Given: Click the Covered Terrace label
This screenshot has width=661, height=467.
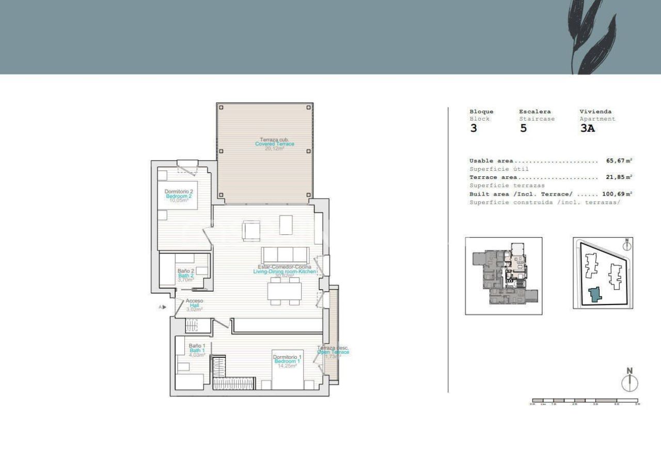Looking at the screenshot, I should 274,144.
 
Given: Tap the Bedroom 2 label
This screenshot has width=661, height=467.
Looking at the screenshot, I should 178,196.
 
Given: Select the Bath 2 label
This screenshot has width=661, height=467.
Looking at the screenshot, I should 185,275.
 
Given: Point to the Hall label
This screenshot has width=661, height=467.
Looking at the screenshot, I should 194,305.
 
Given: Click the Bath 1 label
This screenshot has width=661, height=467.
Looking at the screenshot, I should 197,350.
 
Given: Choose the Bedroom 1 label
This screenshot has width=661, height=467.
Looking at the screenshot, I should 287,361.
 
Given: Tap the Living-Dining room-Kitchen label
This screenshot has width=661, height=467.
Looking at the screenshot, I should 284,271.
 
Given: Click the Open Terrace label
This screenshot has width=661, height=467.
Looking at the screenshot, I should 333,352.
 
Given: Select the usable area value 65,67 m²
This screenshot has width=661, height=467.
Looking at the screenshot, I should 619,161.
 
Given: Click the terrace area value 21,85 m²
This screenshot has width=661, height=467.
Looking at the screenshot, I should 619,177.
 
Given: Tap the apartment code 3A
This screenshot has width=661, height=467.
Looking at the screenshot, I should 587,129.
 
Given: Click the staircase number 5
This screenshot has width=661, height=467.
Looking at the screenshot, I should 523,129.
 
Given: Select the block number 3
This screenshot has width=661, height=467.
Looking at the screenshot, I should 474,129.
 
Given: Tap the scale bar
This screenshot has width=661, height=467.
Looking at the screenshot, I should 585,400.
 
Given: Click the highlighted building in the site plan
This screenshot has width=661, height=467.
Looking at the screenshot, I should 595,294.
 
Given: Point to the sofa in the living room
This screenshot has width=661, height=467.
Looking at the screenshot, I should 285,255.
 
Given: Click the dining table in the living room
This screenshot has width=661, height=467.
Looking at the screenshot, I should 284,292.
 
